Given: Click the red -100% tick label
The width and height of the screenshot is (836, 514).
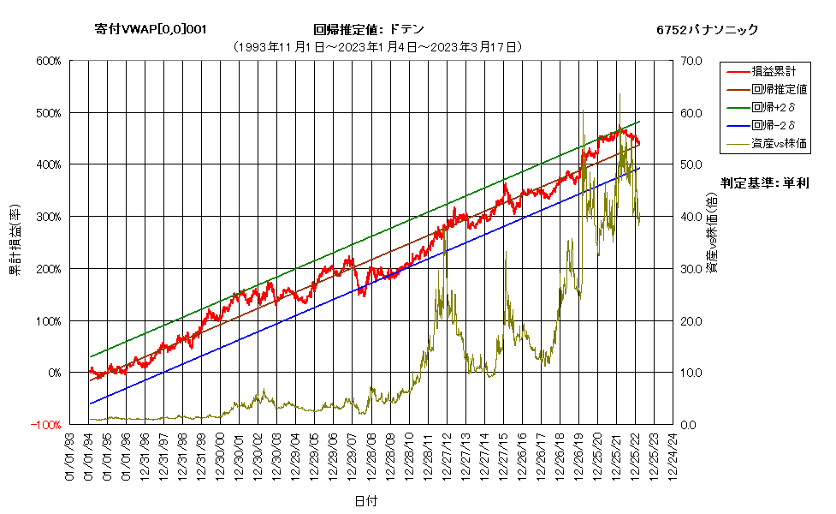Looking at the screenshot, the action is (46, 425).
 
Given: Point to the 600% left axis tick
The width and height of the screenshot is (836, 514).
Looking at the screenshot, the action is (49, 61).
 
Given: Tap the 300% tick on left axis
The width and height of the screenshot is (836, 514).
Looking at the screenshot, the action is (49, 217).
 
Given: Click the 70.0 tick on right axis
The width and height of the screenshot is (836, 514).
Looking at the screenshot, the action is (691, 61).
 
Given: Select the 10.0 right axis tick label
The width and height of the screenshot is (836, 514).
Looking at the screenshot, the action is (691, 373).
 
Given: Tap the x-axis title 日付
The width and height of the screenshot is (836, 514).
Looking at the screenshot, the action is (365, 500).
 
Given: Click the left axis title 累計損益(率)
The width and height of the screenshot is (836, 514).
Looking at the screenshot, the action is (15, 240).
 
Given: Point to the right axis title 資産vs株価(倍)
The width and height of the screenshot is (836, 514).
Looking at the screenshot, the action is (712, 233).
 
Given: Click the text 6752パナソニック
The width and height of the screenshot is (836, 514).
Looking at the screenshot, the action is (707, 30).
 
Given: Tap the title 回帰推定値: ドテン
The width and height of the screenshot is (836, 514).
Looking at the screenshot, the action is (369, 29).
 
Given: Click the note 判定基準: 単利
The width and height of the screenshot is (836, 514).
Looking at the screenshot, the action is (765, 183).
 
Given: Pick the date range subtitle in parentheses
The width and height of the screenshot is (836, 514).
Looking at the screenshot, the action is (378, 47).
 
